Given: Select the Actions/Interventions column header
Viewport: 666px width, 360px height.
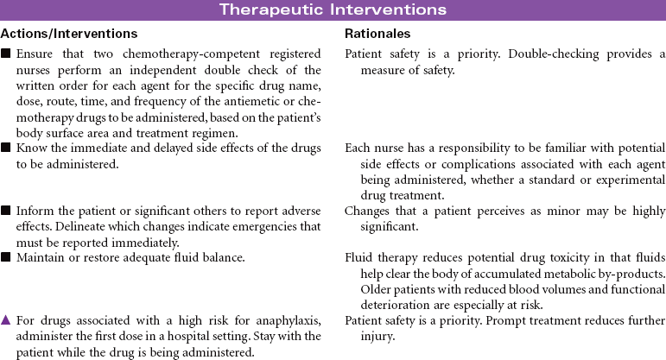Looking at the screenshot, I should point(68,34).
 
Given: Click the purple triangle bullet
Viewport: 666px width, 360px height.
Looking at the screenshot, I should point(7,321).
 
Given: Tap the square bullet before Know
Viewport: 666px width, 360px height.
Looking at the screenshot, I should point(7,149).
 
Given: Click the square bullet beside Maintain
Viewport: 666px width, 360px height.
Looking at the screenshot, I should point(7,256).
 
